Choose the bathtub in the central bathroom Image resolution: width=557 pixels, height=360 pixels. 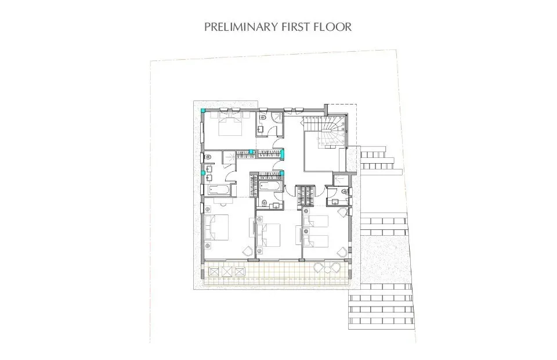coord(270,186)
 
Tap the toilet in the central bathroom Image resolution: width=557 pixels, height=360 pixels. coord(265,203)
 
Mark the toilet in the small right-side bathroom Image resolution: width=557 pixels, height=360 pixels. coord(345,191)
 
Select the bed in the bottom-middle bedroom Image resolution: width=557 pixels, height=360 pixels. coord(270,233)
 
